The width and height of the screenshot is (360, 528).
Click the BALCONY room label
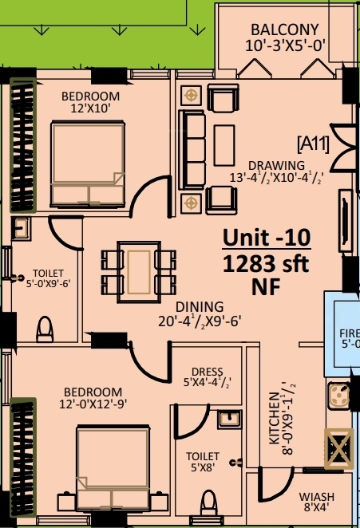click(285, 30)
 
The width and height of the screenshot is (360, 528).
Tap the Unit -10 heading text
click(267, 238)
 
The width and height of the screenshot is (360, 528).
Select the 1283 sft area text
click(266, 264)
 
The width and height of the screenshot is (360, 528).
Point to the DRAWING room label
click(276, 166)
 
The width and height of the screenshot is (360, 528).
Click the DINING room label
click(200, 307)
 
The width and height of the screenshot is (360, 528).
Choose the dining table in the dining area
click(139, 272)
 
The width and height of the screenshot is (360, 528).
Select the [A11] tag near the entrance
click(313, 144)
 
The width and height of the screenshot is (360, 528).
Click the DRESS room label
click(208, 372)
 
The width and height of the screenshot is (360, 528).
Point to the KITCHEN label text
click(275, 418)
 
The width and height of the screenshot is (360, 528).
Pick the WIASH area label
click(317, 497)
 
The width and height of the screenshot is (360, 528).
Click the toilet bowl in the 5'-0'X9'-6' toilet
click(45, 329)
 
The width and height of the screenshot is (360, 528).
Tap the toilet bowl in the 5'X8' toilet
click(208, 502)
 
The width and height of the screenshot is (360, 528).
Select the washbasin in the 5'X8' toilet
click(230, 420)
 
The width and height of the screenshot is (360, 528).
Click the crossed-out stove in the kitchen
click(338, 448)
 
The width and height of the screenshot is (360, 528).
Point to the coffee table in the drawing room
click(224, 145)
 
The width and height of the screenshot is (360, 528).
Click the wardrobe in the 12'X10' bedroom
click(23, 145)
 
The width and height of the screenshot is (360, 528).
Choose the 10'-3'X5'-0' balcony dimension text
click(285, 45)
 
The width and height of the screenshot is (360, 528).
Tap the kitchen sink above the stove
click(338, 395)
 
